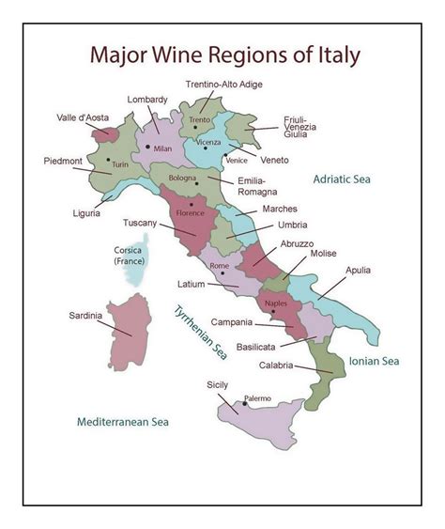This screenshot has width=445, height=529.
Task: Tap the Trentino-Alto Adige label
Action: pos(223,85)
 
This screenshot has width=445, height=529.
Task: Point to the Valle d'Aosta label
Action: pos(83,118)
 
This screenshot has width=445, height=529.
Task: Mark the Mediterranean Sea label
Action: pos(126,422)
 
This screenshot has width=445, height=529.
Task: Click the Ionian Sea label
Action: pos(375,361)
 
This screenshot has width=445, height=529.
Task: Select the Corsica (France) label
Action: pos(128,256)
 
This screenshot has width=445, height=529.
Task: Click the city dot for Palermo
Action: pos(244,403)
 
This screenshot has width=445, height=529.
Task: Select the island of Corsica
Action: pos(137,259)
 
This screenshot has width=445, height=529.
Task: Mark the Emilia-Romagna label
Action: pos(252,185)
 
